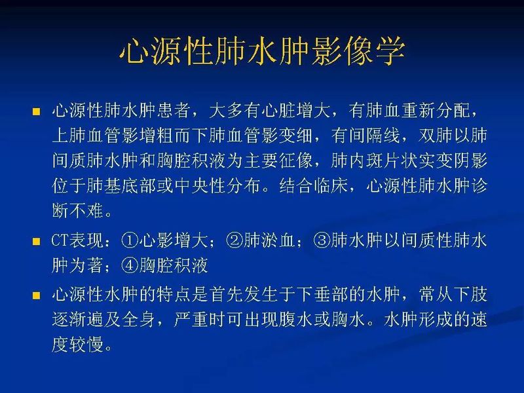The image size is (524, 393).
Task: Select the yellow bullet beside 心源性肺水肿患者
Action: [37, 111]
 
